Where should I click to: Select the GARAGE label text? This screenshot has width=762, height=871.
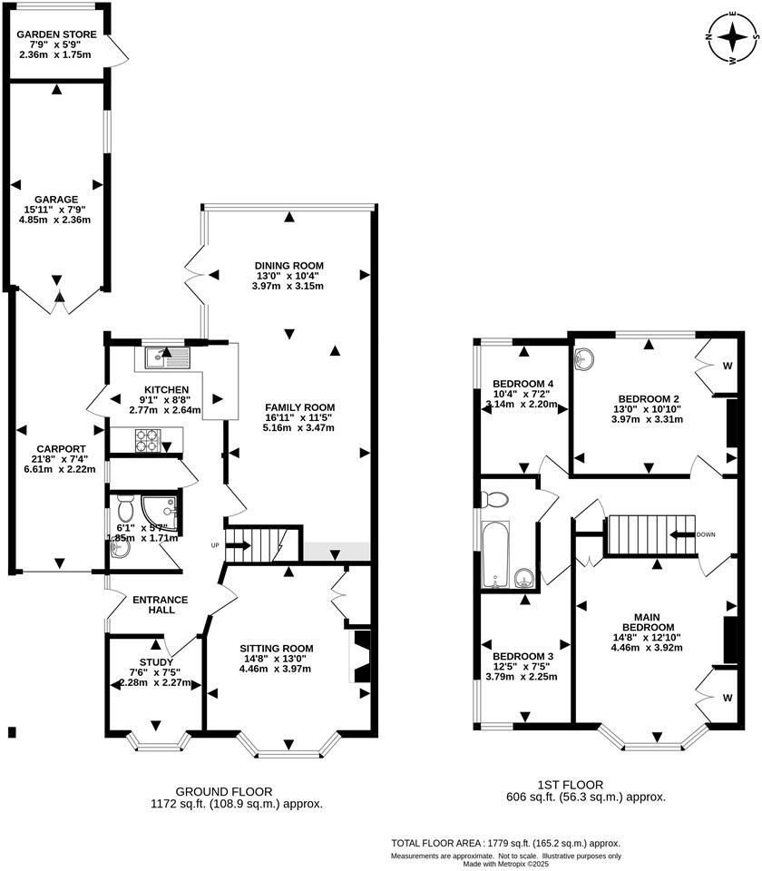pyautogui.click(x=57, y=199)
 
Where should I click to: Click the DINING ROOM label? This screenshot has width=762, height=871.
pyautogui.click(x=288, y=265)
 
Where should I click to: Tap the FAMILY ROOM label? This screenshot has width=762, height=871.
pyautogui.click(x=299, y=406)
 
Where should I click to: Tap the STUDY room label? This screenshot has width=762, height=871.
pyautogui.click(x=155, y=661)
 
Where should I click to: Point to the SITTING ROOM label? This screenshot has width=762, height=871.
pyautogui.click(x=276, y=648)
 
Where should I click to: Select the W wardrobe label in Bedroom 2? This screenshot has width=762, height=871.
pyautogui.click(x=727, y=367)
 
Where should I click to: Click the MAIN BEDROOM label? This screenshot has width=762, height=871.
pyautogui.click(x=648, y=620)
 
